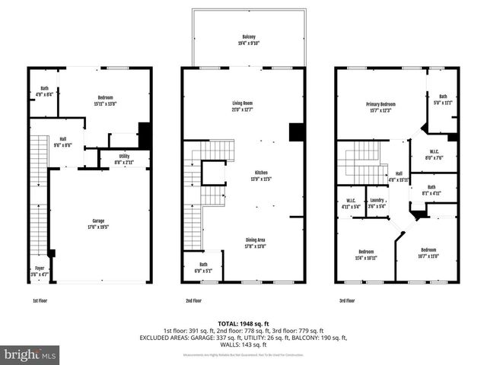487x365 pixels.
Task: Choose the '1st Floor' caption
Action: point(41,300)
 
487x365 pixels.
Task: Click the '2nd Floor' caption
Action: point(193,300)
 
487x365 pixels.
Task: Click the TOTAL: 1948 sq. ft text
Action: point(243,322)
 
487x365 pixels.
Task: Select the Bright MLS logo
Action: point(30,354)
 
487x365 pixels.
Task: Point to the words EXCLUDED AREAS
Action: point(164,338)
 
